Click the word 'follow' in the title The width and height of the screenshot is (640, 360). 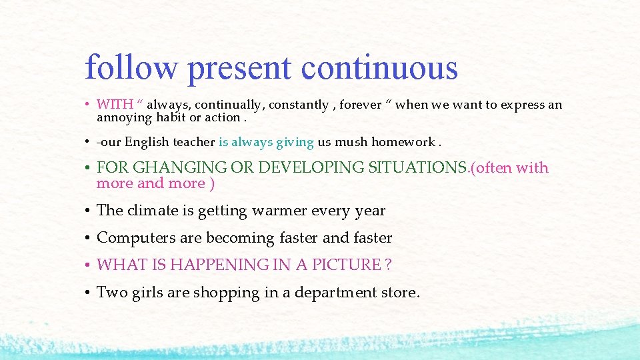coord(131,68)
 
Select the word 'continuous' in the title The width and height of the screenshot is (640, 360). coord(379,68)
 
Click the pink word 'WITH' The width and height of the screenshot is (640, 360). coord(114,105)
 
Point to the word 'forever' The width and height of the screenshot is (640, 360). coord(360,105)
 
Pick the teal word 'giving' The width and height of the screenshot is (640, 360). coord(295,143)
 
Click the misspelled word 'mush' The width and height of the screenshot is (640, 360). coord(351,142)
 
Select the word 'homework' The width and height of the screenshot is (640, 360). coord(402,142)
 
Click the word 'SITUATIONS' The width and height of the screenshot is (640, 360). coord(419,168)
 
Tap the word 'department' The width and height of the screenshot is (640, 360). coord(333,293)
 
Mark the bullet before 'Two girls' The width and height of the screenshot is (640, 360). coord(88,293)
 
